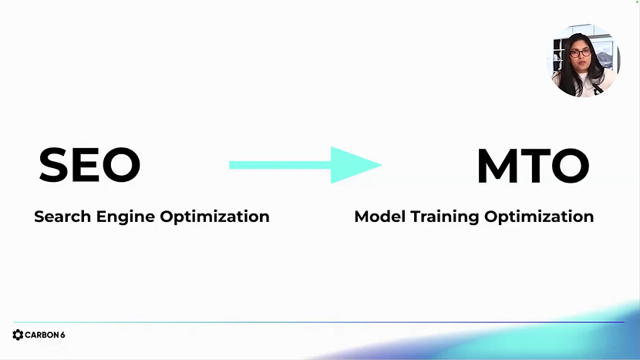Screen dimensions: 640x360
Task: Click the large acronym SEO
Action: click(89, 165)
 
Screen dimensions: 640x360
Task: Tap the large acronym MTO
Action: click(533, 165)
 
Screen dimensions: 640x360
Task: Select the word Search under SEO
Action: click(62, 217)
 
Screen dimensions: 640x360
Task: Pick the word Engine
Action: click(126, 217)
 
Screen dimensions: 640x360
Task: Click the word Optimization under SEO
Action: click(214, 217)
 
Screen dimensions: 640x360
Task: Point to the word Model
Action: click(379, 217)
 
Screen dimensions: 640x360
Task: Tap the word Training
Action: click(444, 217)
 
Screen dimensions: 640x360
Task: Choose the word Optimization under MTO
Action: click(539, 217)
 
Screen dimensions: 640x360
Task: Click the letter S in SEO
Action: click(53, 165)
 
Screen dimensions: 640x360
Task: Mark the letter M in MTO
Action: click(496, 165)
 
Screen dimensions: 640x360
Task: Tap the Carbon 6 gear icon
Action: click(18, 335)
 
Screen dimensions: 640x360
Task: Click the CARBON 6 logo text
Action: click(45, 335)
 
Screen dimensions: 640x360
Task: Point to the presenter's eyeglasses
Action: click(581, 53)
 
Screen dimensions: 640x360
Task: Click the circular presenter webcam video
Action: click(584, 60)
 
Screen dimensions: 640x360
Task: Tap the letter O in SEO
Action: click(122, 165)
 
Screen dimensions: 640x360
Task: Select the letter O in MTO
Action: click(570, 165)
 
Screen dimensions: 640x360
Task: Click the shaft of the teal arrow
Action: click(281, 165)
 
